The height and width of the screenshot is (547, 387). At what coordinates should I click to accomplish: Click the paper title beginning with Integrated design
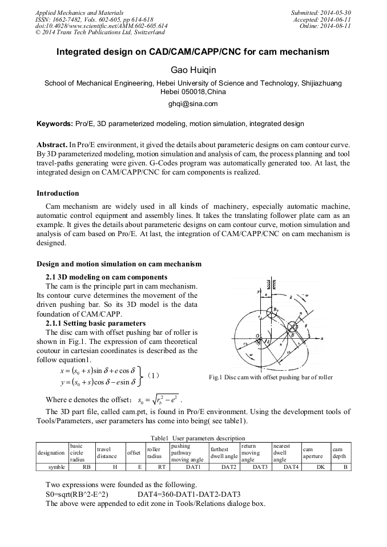click(x=193, y=52)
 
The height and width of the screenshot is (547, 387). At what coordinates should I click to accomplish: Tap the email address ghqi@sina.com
click(x=193, y=104)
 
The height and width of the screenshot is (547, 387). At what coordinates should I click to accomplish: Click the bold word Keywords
click(x=54, y=123)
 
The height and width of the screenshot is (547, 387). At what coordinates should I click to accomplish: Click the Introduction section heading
click(x=58, y=193)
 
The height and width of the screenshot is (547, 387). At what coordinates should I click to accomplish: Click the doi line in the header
click(x=102, y=26)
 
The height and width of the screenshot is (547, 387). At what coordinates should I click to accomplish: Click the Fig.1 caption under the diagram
click(x=279, y=377)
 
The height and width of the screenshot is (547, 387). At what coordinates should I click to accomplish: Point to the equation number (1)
click(x=153, y=375)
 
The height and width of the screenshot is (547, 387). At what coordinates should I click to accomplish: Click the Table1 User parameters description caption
click(x=192, y=437)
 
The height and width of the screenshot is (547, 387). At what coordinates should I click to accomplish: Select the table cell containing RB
click(x=86, y=466)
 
